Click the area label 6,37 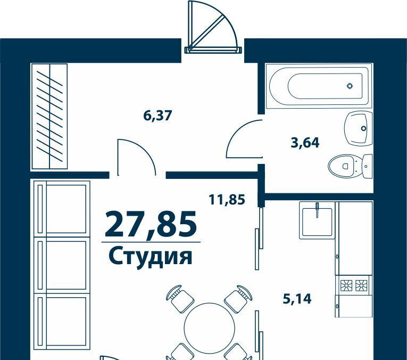(157, 115)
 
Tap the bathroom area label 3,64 (305, 143)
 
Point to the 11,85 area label (227, 200)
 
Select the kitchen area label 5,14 (297, 299)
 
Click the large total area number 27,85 (151, 225)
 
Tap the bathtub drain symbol (350, 85)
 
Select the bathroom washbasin (359, 128)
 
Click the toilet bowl (342, 166)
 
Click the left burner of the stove (346, 285)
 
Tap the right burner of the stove (362, 285)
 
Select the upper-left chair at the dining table (180, 299)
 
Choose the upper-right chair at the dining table (238, 299)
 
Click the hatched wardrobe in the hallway (49, 116)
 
